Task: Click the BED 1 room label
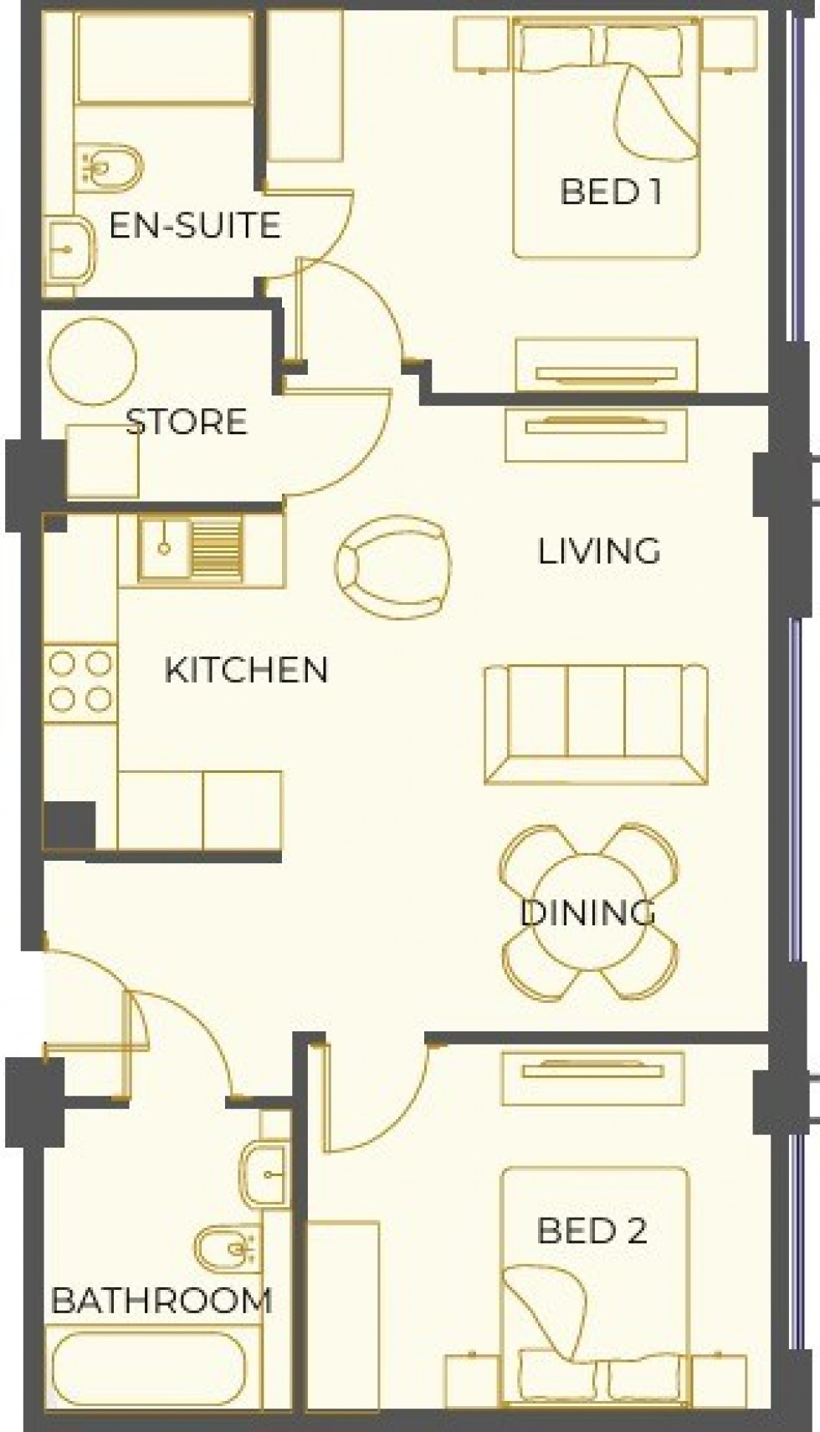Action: pos(611,192)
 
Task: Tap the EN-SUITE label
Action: pos(194,226)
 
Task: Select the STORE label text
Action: pos(187,422)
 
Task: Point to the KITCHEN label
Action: pos(246,670)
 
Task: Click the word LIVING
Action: pos(598,551)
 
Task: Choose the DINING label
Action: pos(587,913)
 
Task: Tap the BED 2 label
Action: pos(592,1230)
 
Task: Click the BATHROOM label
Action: pos(161,1301)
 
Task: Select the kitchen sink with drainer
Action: pos(192,549)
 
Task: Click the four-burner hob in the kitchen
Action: pos(80,682)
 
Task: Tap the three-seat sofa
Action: pos(596,724)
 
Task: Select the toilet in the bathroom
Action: pos(230,1250)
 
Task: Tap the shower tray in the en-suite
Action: pos(163,57)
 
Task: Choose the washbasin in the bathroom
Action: pos(267,1174)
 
